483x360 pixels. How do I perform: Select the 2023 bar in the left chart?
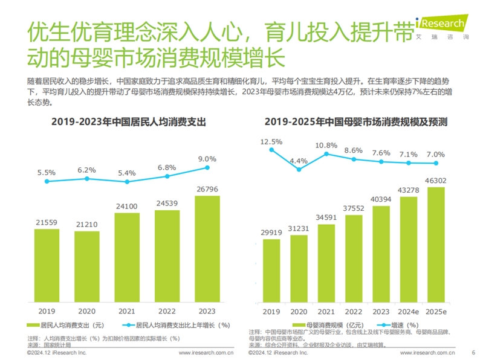coord(207,247)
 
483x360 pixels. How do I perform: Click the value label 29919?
coord(271,232)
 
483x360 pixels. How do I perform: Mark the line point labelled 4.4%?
coord(299,170)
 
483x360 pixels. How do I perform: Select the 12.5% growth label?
coord(271,141)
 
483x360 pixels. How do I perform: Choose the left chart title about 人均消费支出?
coord(129,122)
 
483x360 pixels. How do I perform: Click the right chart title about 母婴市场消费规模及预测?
coord(355,122)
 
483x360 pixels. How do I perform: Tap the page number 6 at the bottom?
coord(473,352)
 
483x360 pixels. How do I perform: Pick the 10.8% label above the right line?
coord(326,146)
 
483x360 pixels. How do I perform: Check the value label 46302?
coord(436,180)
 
